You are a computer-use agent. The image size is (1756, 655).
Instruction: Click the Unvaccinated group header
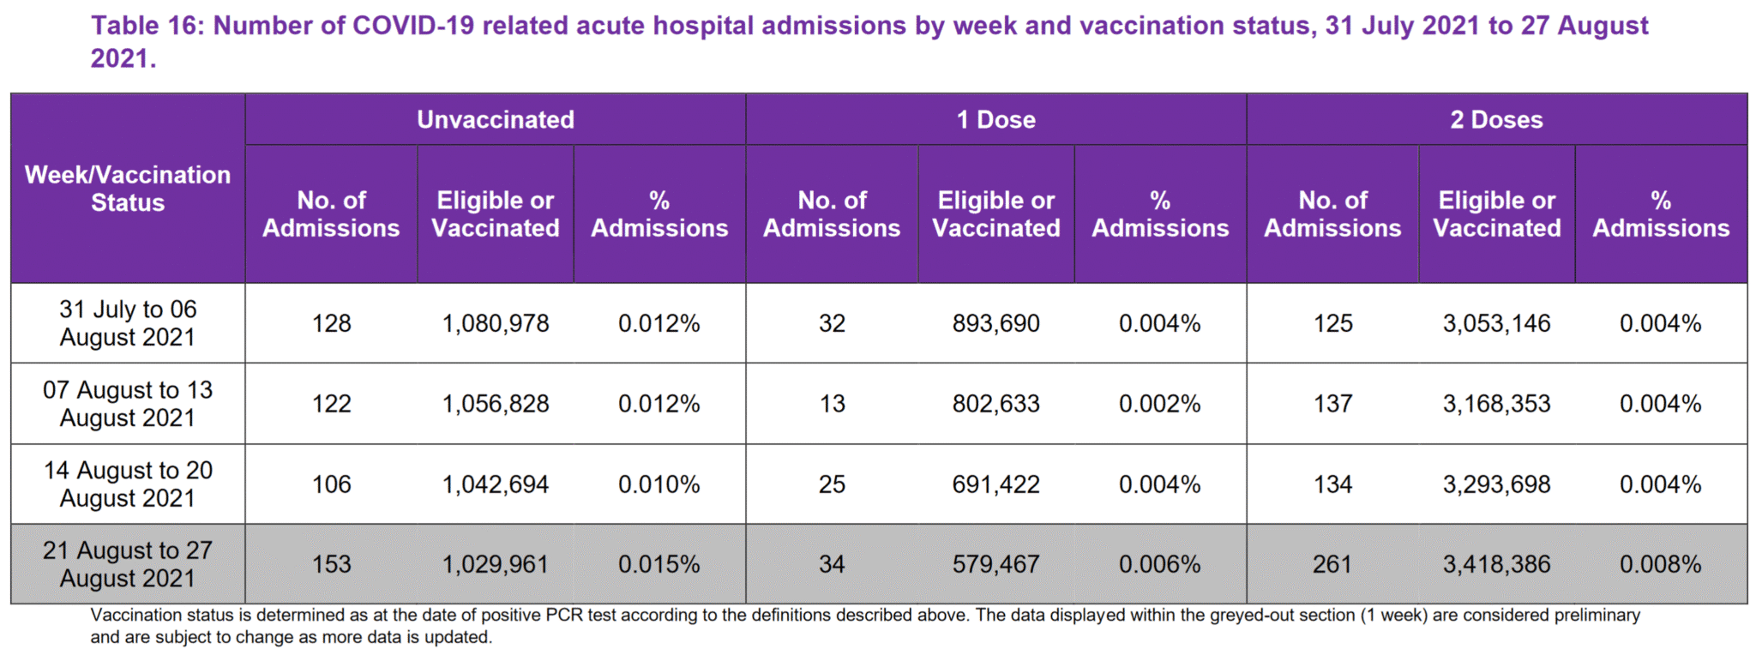(x=496, y=120)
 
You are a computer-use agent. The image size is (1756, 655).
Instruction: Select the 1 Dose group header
(x=995, y=120)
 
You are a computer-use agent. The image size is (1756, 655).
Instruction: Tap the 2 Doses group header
(x=1496, y=120)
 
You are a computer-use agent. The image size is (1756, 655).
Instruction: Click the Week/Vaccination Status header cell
(x=128, y=189)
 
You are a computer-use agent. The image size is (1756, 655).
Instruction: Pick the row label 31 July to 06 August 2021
(x=128, y=323)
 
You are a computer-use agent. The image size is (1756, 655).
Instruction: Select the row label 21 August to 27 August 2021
(x=128, y=564)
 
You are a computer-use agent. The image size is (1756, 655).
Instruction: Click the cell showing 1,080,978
(x=496, y=323)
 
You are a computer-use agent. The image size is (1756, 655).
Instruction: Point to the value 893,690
(x=995, y=323)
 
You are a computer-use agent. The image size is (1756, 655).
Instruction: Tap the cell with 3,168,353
(x=1496, y=404)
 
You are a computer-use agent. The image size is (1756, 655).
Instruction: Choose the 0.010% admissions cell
(x=658, y=484)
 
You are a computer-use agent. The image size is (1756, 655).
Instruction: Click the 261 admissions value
(x=1332, y=564)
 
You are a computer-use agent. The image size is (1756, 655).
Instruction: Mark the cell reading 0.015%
(x=658, y=564)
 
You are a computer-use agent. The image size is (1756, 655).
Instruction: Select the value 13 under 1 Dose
(x=832, y=404)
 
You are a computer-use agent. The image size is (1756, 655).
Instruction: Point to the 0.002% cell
(x=1159, y=404)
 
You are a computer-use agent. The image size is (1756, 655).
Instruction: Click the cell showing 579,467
(x=995, y=564)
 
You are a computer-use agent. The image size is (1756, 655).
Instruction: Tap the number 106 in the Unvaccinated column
(x=331, y=484)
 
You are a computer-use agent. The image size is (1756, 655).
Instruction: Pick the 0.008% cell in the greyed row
(x=1660, y=564)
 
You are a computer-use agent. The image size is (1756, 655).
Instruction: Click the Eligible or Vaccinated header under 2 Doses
(x=1496, y=214)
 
